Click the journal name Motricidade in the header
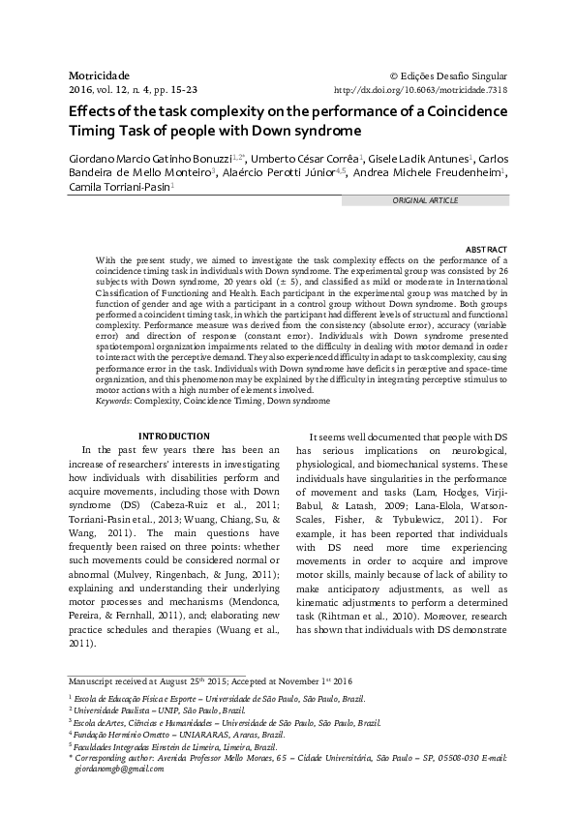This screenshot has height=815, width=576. pos(99,74)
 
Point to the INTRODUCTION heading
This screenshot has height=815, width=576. pos(175,437)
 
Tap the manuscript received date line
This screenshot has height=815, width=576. pos(156,679)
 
